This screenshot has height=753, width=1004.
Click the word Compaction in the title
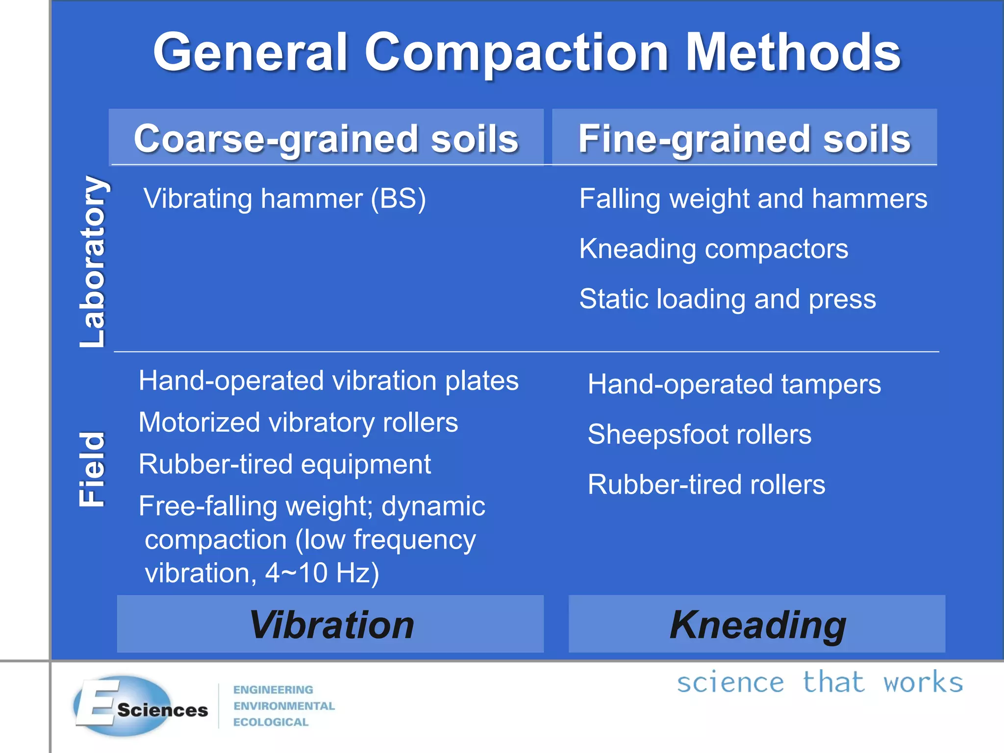516,53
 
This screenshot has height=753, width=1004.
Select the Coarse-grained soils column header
326,139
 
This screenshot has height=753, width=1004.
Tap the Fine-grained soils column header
744,139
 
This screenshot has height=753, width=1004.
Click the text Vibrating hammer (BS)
284,199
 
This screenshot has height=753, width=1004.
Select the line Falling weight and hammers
753,199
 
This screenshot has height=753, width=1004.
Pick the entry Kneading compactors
713,249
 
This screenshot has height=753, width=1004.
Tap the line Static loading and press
728,299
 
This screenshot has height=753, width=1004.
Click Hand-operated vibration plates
328,381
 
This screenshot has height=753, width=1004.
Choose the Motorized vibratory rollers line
298,423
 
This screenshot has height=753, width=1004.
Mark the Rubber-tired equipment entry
284,464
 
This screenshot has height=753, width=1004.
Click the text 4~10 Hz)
322,573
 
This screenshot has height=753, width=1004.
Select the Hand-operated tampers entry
734,384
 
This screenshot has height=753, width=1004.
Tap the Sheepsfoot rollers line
699,435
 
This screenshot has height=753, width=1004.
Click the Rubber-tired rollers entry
706,485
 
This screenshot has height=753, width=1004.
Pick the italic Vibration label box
330,624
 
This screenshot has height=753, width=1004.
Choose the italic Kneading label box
757,624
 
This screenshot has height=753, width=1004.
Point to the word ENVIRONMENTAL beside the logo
284,706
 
